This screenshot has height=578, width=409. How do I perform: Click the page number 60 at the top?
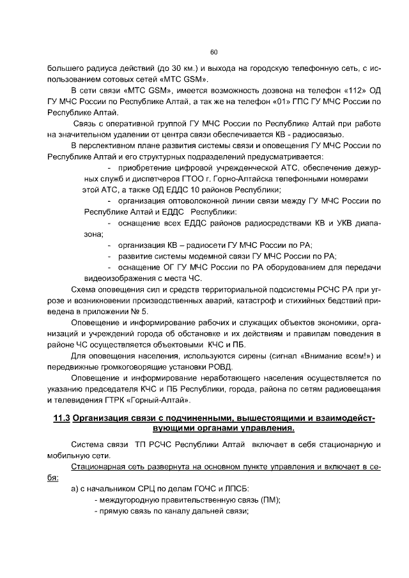pos(213,52)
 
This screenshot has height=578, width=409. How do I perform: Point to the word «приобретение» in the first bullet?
pos(144,168)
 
